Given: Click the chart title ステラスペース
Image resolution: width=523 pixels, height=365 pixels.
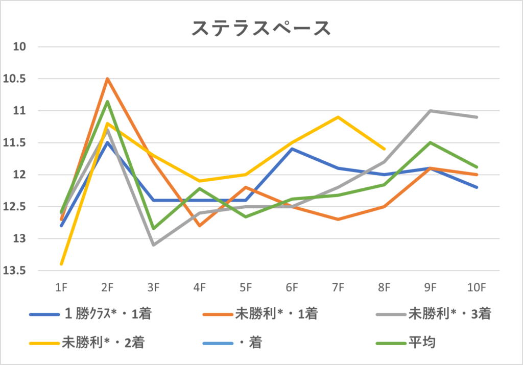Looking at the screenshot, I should [261, 29].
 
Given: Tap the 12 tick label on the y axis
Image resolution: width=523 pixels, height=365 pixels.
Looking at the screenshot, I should [20, 175].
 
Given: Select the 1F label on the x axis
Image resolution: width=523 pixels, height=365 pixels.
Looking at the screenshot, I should [61, 288].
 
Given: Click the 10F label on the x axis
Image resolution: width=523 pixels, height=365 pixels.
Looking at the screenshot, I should [477, 288].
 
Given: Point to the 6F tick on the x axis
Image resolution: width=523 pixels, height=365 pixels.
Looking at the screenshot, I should [292, 288].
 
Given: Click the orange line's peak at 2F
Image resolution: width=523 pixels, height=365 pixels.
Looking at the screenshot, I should [107, 79].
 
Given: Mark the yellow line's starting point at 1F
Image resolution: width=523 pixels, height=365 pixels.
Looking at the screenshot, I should [61, 264].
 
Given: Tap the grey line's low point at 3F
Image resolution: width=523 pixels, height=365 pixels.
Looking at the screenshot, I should [153, 245].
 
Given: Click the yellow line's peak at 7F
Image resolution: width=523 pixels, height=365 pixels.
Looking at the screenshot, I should [338, 117].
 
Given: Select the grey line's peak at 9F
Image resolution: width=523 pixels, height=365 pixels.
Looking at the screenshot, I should [431, 111].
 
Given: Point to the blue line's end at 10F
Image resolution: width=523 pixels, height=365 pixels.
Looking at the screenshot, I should [477, 187].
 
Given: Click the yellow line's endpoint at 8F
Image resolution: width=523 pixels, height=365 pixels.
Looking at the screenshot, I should [384, 149].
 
